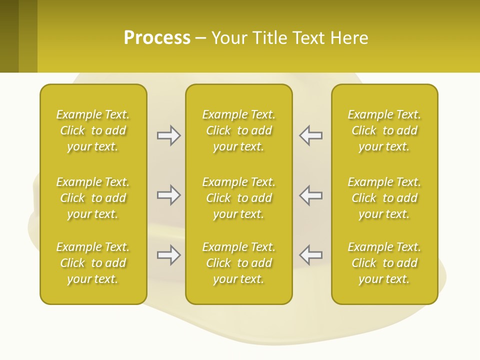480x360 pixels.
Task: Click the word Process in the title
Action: (157, 38)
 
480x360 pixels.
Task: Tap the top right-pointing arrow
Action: (169, 135)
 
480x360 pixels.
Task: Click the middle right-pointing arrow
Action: (169, 195)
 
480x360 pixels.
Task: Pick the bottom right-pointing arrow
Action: (169, 255)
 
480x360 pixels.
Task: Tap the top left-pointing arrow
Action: (310, 135)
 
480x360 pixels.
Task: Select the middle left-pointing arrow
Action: (310, 195)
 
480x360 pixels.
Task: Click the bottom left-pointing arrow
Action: (310, 255)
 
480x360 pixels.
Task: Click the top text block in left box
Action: (93, 130)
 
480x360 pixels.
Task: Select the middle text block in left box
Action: (93, 198)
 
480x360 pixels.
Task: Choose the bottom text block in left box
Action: (93, 263)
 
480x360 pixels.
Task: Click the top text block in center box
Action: (238, 130)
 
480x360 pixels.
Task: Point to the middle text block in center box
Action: (238, 198)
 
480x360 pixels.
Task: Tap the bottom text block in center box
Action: (238, 263)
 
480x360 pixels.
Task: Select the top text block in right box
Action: (384, 130)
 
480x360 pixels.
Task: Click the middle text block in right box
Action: (384, 198)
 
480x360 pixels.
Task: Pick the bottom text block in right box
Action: (384, 263)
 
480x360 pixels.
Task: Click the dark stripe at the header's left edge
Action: (9, 36)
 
